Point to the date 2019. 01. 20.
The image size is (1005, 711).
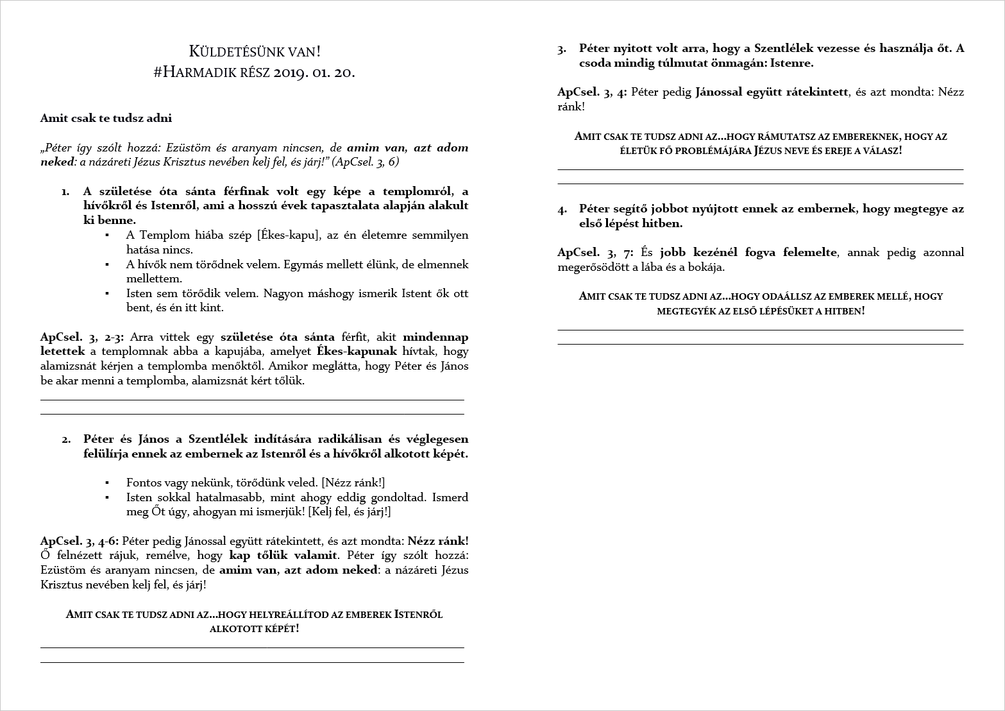click(314, 72)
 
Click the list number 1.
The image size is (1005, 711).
click(65, 191)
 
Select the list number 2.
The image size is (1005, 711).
click(66, 440)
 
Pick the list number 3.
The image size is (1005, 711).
click(562, 49)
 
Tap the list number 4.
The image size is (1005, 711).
click(562, 209)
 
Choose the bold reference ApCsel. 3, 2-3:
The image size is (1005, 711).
click(82, 337)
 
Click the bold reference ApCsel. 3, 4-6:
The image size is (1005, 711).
click(80, 541)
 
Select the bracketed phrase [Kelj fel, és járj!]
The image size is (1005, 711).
click(350, 511)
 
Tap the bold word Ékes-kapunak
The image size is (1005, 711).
click(357, 352)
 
